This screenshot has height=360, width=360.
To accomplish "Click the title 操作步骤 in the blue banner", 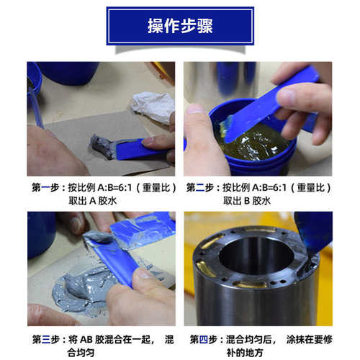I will click(180, 26).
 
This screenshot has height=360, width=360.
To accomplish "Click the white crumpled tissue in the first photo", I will click(153, 106).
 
